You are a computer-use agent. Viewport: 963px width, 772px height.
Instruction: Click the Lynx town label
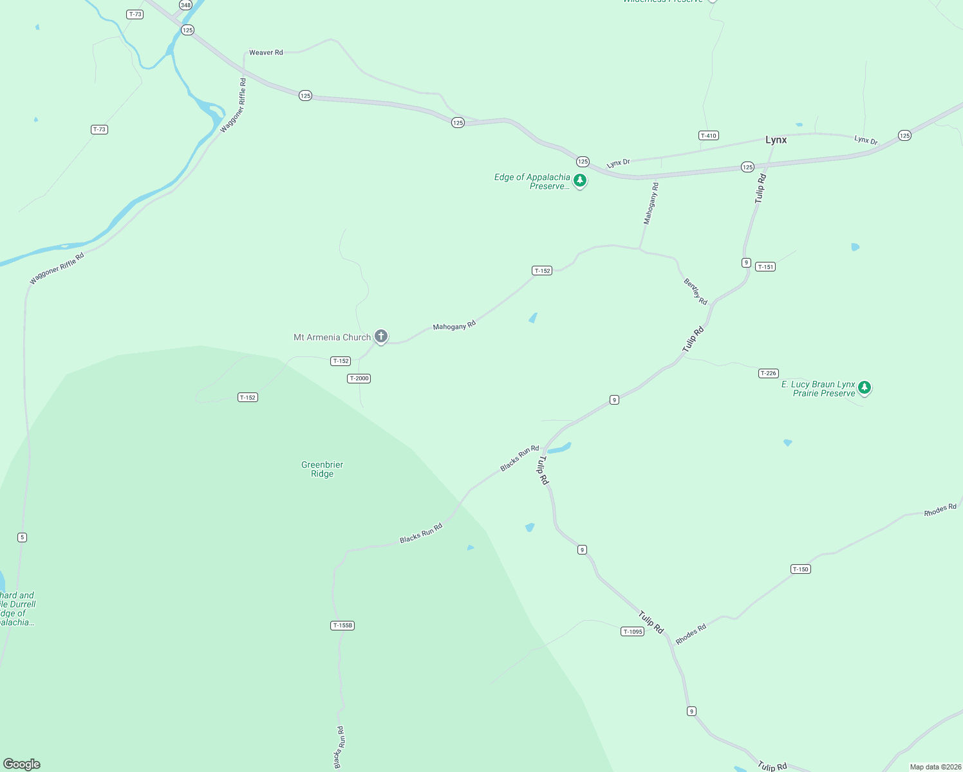point(776,140)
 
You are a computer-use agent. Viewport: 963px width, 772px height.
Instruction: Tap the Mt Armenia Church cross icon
point(381,336)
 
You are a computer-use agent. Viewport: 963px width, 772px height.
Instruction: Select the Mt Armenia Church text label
point(332,337)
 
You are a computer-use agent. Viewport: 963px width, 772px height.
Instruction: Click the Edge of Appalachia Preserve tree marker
point(580,180)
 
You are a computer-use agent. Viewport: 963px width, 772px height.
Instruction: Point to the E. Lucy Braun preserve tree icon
point(865,387)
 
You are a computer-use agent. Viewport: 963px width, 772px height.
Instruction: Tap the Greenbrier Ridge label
point(323,469)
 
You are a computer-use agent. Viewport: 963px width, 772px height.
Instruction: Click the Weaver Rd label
point(266,53)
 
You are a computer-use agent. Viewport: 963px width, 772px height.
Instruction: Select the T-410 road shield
point(708,136)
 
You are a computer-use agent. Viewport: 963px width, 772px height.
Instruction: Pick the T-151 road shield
point(765,267)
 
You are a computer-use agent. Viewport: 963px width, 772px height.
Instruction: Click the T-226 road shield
point(769,373)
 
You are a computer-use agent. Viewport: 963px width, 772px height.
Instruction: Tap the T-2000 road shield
point(359,378)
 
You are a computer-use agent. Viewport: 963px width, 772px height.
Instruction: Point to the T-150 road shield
point(800,569)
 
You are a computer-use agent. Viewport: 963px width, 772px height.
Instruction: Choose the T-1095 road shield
point(633,632)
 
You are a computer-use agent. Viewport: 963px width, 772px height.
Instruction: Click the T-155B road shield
point(342,625)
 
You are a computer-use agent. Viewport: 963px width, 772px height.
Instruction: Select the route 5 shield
point(23,537)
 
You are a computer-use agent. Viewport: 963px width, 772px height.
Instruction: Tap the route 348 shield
point(185,5)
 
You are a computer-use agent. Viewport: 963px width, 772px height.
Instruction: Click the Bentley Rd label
point(695,291)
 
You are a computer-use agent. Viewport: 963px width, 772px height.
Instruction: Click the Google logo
point(22,764)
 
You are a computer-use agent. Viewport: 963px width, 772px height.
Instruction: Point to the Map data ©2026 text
point(935,767)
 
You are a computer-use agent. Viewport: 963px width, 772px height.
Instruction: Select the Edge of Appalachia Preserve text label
point(532,181)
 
